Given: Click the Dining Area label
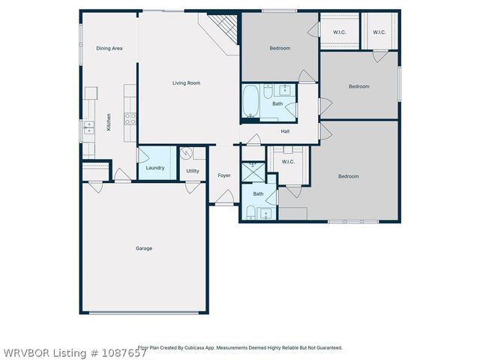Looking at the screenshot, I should [109, 48].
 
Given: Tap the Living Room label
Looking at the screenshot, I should [185, 82].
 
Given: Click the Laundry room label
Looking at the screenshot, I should [155, 167].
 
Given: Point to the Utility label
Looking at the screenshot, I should [193, 171].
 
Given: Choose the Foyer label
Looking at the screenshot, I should [224, 175].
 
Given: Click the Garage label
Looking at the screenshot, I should [143, 248].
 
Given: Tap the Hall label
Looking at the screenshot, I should [285, 131].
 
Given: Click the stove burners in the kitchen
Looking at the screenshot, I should [130, 118].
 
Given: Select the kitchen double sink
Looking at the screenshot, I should [88, 127].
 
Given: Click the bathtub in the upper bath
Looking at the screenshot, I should [250, 103].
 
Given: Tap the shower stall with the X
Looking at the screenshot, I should [250, 172].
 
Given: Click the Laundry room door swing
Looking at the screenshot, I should [142, 155].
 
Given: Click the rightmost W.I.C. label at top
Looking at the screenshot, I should [379, 32].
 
